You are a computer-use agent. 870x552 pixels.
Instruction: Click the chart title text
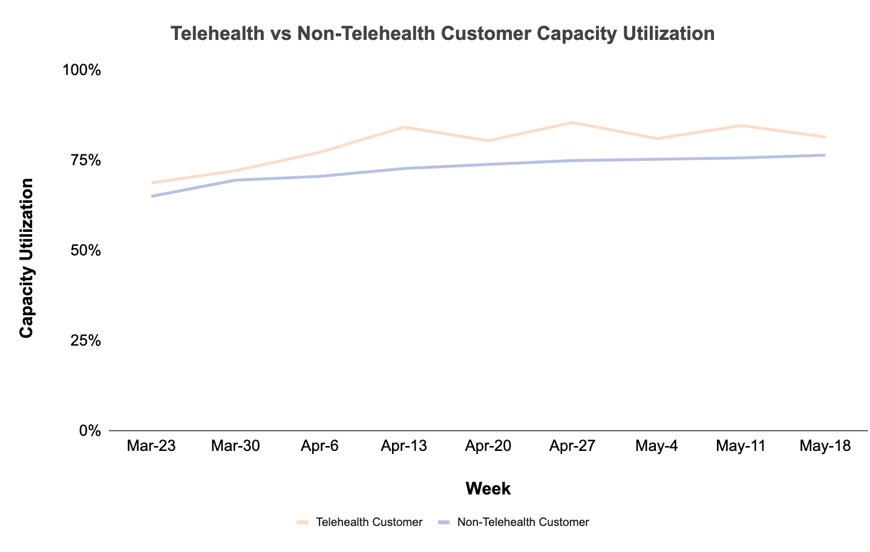click(x=442, y=33)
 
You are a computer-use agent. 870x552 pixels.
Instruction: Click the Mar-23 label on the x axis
click(x=151, y=447)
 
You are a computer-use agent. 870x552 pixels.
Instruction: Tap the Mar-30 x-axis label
click(x=235, y=447)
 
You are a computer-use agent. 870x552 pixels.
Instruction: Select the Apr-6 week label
click(x=319, y=447)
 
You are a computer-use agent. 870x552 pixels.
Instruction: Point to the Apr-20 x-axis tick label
click(x=488, y=447)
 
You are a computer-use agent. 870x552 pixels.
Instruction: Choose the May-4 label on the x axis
click(x=656, y=447)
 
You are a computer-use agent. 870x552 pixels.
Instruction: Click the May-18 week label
click(x=825, y=447)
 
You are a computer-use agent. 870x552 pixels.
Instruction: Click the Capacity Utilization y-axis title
click(x=27, y=258)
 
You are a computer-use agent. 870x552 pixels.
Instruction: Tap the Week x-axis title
click(x=488, y=489)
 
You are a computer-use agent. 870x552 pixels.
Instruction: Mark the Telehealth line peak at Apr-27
click(x=572, y=123)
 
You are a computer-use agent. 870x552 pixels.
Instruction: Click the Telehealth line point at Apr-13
click(x=404, y=127)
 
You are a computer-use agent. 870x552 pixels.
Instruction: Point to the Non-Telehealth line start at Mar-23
click(x=152, y=196)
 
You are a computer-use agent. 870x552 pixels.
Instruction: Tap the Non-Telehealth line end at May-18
click(x=824, y=156)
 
